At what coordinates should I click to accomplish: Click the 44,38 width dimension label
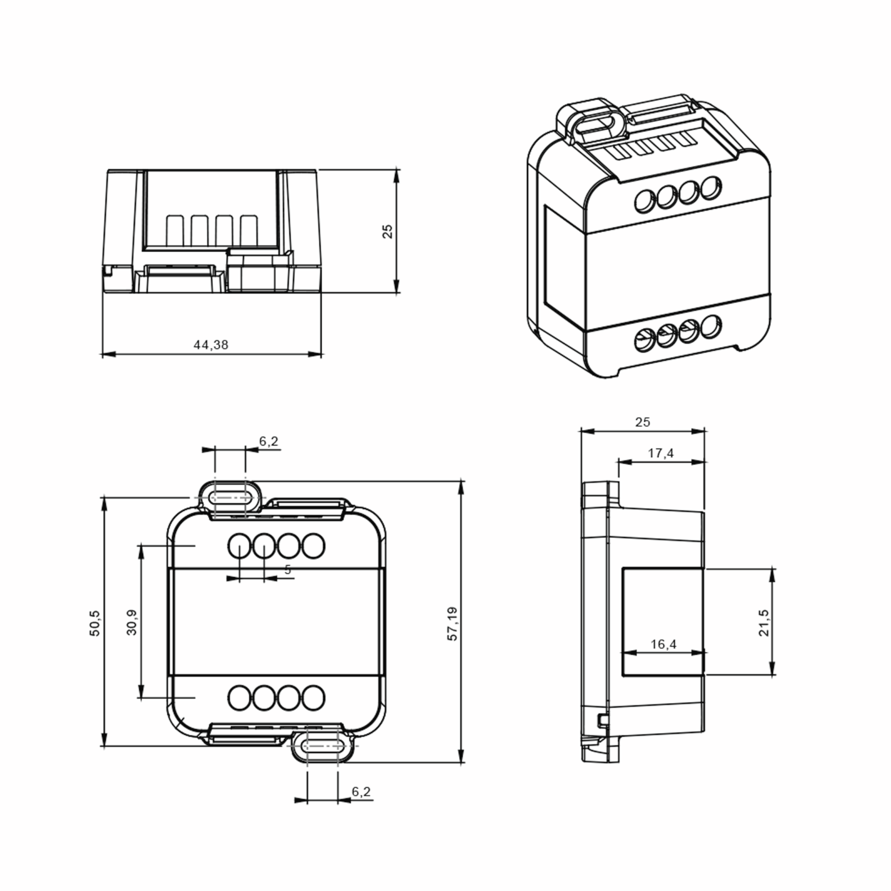tap(211, 345)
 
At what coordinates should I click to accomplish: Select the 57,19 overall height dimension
tap(453, 624)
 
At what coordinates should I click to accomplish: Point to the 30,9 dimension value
tap(132, 622)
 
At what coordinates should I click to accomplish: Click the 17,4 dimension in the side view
tap(660, 453)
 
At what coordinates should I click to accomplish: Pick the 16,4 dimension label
tap(663, 644)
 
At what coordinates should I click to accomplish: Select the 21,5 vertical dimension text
tap(764, 623)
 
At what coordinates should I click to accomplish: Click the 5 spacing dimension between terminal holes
tap(288, 569)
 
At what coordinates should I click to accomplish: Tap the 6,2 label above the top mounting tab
tap(268, 441)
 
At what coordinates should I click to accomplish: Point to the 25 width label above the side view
tap(642, 422)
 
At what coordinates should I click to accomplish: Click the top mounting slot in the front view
tap(231, 498)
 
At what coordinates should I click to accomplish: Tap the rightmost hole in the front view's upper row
tap(314, 546)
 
